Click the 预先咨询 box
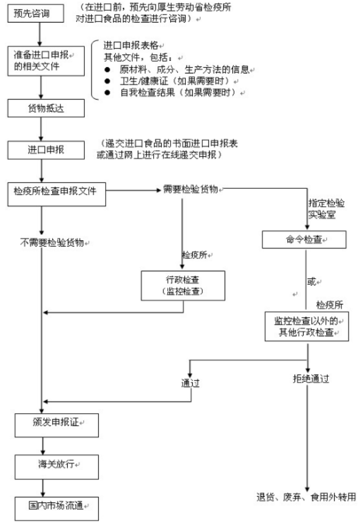[x=36, y=14]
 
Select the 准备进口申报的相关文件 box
[x=46, y=61]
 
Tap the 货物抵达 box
[x=46, y=108]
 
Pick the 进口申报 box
[x=46, y=150]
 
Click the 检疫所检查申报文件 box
[x=57, y=194]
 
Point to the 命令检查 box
[x=304, y=240]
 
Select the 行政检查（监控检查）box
[x=183, y=285]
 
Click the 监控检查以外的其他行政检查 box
[x=307, y=327]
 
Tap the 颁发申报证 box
[x=57, y=425]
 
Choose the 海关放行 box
[x=57, y=467]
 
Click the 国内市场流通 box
[x=57, y=509]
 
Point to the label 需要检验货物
[x=190, y=189]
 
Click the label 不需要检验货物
[x=52, y=242]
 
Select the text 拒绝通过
[x=311, y=379]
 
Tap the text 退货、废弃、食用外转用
[x=306, y=497]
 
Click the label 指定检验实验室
[x=326, y=209]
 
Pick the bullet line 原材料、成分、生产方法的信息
[x=184, y=70]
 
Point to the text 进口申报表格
[x=131, y=45]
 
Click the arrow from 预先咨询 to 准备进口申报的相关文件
[x=40, y=34]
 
